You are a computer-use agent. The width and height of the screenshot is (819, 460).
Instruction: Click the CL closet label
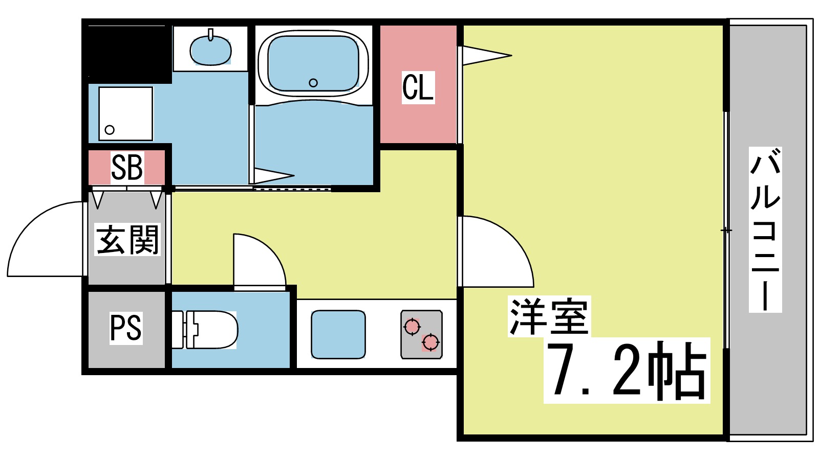point(418,87)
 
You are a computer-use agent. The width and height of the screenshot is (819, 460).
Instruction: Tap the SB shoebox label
point(126,167)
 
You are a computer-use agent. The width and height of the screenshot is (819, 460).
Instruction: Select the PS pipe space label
point(126,328)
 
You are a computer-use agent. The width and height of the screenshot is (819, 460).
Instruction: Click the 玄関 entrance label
point(127,239)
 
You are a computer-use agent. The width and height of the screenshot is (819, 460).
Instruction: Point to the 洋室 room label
point(549,316)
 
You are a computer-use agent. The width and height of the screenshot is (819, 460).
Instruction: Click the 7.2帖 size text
point(627,371)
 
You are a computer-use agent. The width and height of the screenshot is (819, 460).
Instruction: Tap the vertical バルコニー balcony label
point(765,229)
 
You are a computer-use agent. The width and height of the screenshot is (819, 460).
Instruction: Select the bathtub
point(313,63)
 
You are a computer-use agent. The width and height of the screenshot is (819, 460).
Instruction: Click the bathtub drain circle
point(313,83)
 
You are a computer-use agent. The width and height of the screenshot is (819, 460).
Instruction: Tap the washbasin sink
point(210,50)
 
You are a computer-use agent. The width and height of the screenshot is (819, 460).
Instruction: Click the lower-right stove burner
point(431,342)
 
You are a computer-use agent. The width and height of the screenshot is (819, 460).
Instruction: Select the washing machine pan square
point(125,113)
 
